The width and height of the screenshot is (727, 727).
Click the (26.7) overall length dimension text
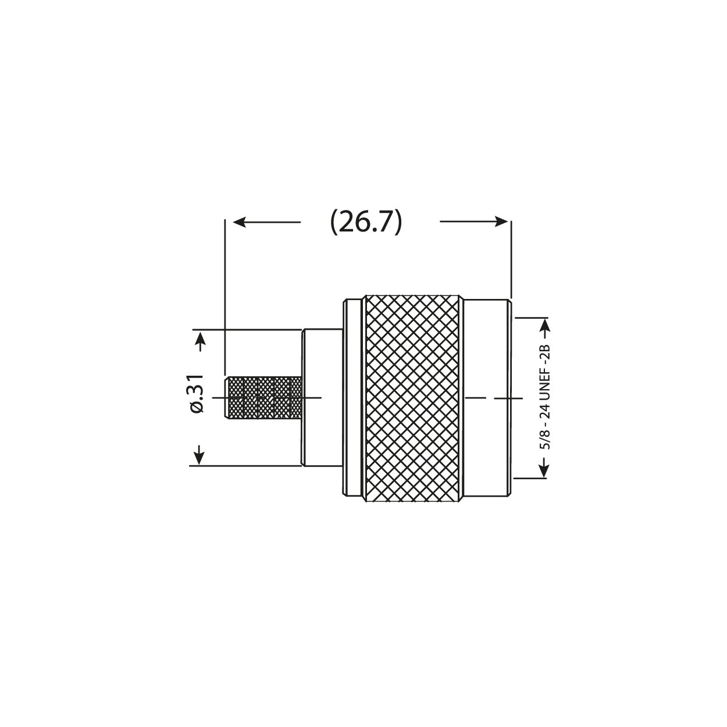[x=366, y=222]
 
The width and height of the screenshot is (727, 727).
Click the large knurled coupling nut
[x=413, y=398]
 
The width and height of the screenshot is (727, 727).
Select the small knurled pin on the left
[x=263, y=398]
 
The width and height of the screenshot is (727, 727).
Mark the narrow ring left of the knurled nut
[x=353, y=398]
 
